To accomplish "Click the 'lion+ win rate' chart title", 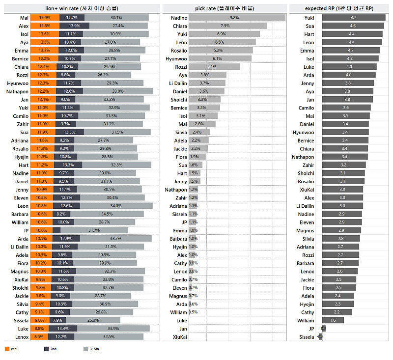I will [x=82, y=8].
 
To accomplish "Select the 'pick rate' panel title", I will [x=225, y=8].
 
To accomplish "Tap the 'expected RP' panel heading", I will [x=339, y=8].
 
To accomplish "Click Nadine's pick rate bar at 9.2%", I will [x=237, y=18].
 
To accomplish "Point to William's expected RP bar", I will [x=333, y=320].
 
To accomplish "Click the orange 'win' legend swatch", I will [x=7, y=349].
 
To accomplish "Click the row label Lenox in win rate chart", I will [x=22, y=337].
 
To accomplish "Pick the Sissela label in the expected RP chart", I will [x=307, y=337].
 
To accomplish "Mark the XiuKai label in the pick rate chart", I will [x=179, y=337].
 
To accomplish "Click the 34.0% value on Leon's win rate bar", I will [x=116, y=206].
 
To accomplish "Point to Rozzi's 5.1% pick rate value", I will [x=212, y=67].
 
